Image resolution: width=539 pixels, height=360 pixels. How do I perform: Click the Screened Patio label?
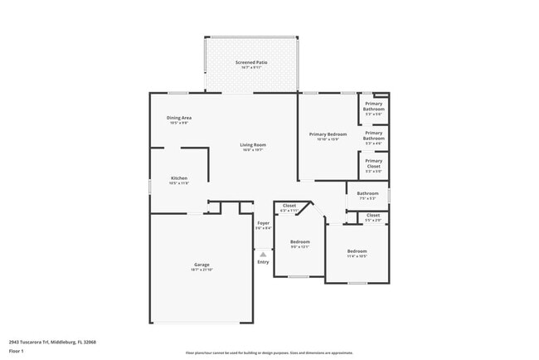[250, 62]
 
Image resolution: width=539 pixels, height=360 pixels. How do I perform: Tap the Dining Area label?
[179, 118]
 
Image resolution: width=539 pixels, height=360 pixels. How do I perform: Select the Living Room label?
[254, 145]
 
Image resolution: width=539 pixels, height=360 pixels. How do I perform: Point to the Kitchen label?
[179, 178]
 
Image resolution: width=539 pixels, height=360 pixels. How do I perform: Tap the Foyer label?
[263, 222]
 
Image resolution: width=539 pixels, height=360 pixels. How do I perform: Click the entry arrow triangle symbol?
[263, 254]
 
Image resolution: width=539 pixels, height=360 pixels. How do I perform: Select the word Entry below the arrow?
[263, 262]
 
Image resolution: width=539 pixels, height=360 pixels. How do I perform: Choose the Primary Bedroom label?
[328, 134]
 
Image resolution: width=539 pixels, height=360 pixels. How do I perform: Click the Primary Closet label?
[373, 163]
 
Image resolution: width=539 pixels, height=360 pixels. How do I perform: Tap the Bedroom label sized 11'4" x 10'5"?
[357, 251]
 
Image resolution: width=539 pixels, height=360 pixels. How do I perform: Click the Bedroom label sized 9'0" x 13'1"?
[299, 241]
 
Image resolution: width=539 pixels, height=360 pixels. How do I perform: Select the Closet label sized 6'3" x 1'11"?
[289, 206]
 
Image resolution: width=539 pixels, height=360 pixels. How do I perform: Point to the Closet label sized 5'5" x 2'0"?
[373, 215]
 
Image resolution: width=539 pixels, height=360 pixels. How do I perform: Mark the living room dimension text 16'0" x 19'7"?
[254, 150]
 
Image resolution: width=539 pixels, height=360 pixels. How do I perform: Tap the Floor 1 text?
[17, 350]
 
